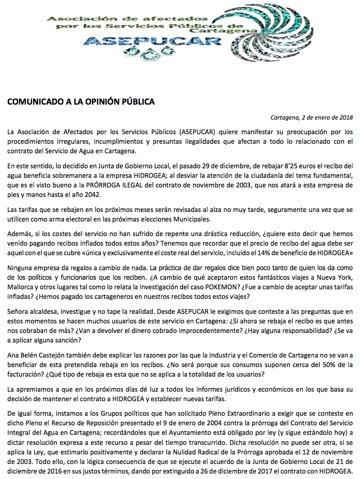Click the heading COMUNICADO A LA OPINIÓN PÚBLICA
click(81, 102)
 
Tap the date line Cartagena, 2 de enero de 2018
click(311, 117)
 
